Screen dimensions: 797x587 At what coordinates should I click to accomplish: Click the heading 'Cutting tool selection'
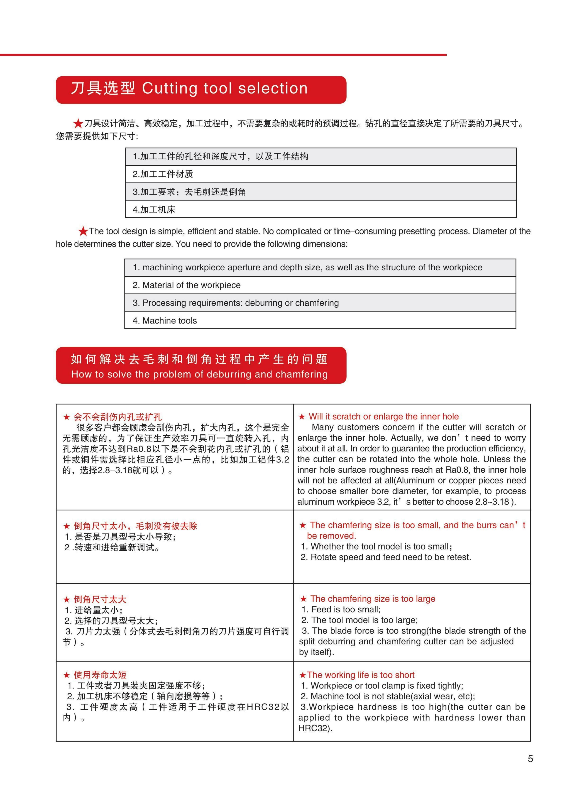(x=225, y=88)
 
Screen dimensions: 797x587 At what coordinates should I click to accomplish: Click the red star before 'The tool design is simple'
(x=83, y=231)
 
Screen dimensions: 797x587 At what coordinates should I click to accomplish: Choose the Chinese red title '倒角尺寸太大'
(x=100, y=599)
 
